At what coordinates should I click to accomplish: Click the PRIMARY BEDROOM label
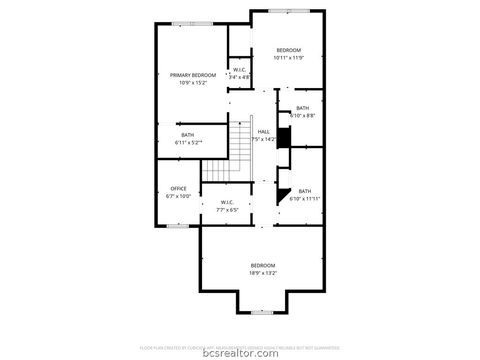193,75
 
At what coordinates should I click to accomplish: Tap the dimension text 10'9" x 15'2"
193,83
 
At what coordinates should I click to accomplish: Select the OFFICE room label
179,188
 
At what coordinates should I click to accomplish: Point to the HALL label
264,131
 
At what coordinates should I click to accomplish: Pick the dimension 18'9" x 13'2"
263,272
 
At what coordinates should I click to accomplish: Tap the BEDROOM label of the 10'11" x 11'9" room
288,50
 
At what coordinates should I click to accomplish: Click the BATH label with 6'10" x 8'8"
303,108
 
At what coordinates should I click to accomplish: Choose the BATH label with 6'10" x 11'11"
305,191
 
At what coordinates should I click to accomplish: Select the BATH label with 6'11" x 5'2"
188,135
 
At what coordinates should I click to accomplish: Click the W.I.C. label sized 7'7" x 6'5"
227,202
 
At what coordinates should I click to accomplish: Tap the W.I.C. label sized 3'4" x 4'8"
240,70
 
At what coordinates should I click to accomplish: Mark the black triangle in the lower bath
284,194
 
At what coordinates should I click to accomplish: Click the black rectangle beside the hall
283,138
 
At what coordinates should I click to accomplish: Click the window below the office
178,226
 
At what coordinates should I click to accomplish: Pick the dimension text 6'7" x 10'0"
179,196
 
